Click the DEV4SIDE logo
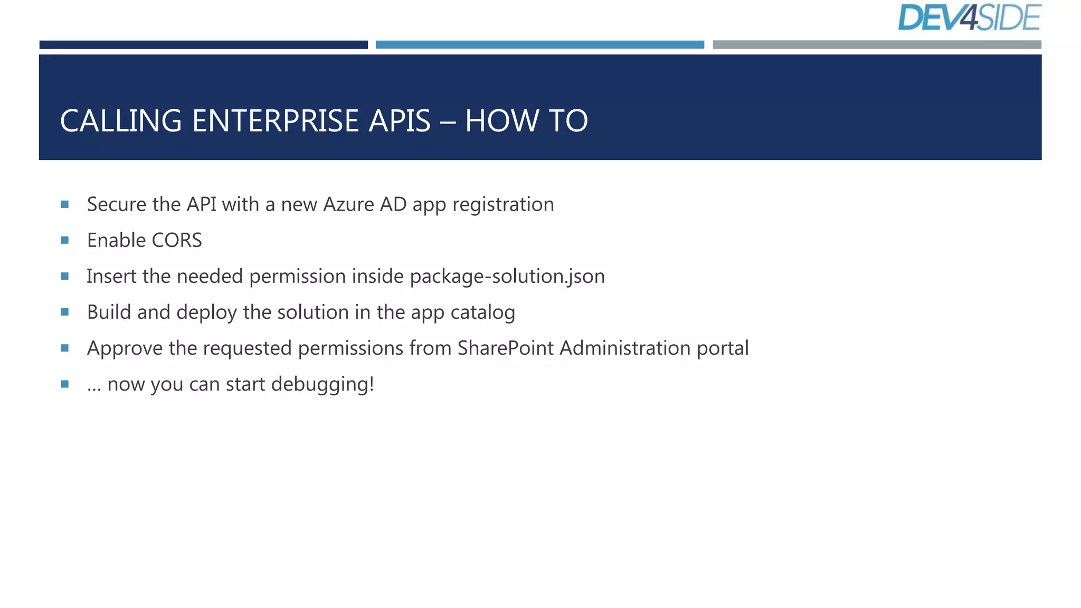969,18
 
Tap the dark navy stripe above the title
203,45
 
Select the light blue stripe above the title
539,45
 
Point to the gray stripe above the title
877,45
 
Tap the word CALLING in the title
121,121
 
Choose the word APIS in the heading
400,121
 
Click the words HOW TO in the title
526,121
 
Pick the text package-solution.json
507,277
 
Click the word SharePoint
505,348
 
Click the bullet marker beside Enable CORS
65,240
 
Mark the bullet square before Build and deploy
65,312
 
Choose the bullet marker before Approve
65,348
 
